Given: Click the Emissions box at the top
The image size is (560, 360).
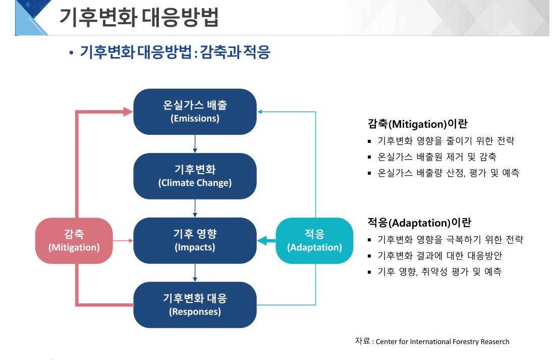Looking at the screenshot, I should click(195, 112).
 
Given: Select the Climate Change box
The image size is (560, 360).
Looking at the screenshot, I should click(195, 176).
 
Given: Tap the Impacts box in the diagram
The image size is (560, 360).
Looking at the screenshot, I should click(195, 240).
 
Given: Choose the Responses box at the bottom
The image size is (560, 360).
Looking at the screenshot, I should click(195, 304).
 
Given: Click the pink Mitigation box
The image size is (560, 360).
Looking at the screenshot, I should click(74, 240).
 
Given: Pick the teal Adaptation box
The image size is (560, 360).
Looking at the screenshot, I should click(314, 240).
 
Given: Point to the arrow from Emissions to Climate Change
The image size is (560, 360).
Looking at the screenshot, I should click(195, 144).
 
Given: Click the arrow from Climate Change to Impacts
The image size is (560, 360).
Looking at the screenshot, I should click(195, 208).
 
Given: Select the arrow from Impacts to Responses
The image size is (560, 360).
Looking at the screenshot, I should click(195, 273).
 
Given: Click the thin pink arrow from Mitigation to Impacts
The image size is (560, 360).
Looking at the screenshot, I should click(123, 241).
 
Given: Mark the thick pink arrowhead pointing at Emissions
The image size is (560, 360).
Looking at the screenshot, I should click(128, 112).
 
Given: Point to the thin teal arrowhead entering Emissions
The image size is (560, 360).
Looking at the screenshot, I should click(260, 112).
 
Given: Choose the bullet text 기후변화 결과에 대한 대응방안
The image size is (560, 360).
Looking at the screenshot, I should click(440, 255).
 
